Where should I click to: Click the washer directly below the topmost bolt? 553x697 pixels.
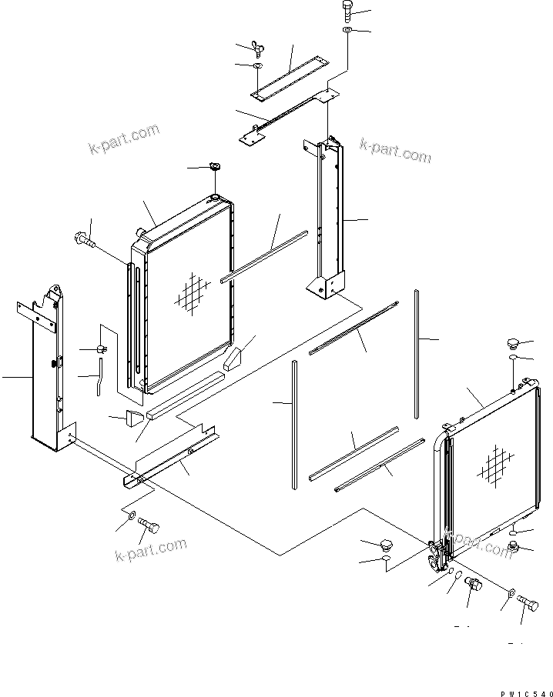pos(347,30)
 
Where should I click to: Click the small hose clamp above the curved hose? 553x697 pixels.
pos(102,350)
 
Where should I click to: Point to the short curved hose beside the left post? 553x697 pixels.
pos(99,381)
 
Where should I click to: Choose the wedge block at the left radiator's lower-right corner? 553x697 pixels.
pos(232,358)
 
